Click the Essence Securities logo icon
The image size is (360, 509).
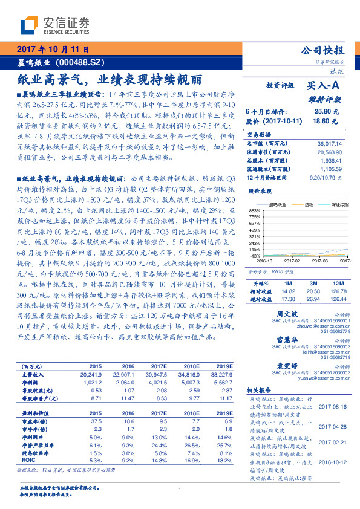(30, 25)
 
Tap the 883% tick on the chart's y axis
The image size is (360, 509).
(255, 209)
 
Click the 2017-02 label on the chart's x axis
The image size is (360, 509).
(292, 261)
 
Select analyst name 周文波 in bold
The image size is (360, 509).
(284, 314)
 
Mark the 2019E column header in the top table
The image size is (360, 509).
(223, 366)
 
